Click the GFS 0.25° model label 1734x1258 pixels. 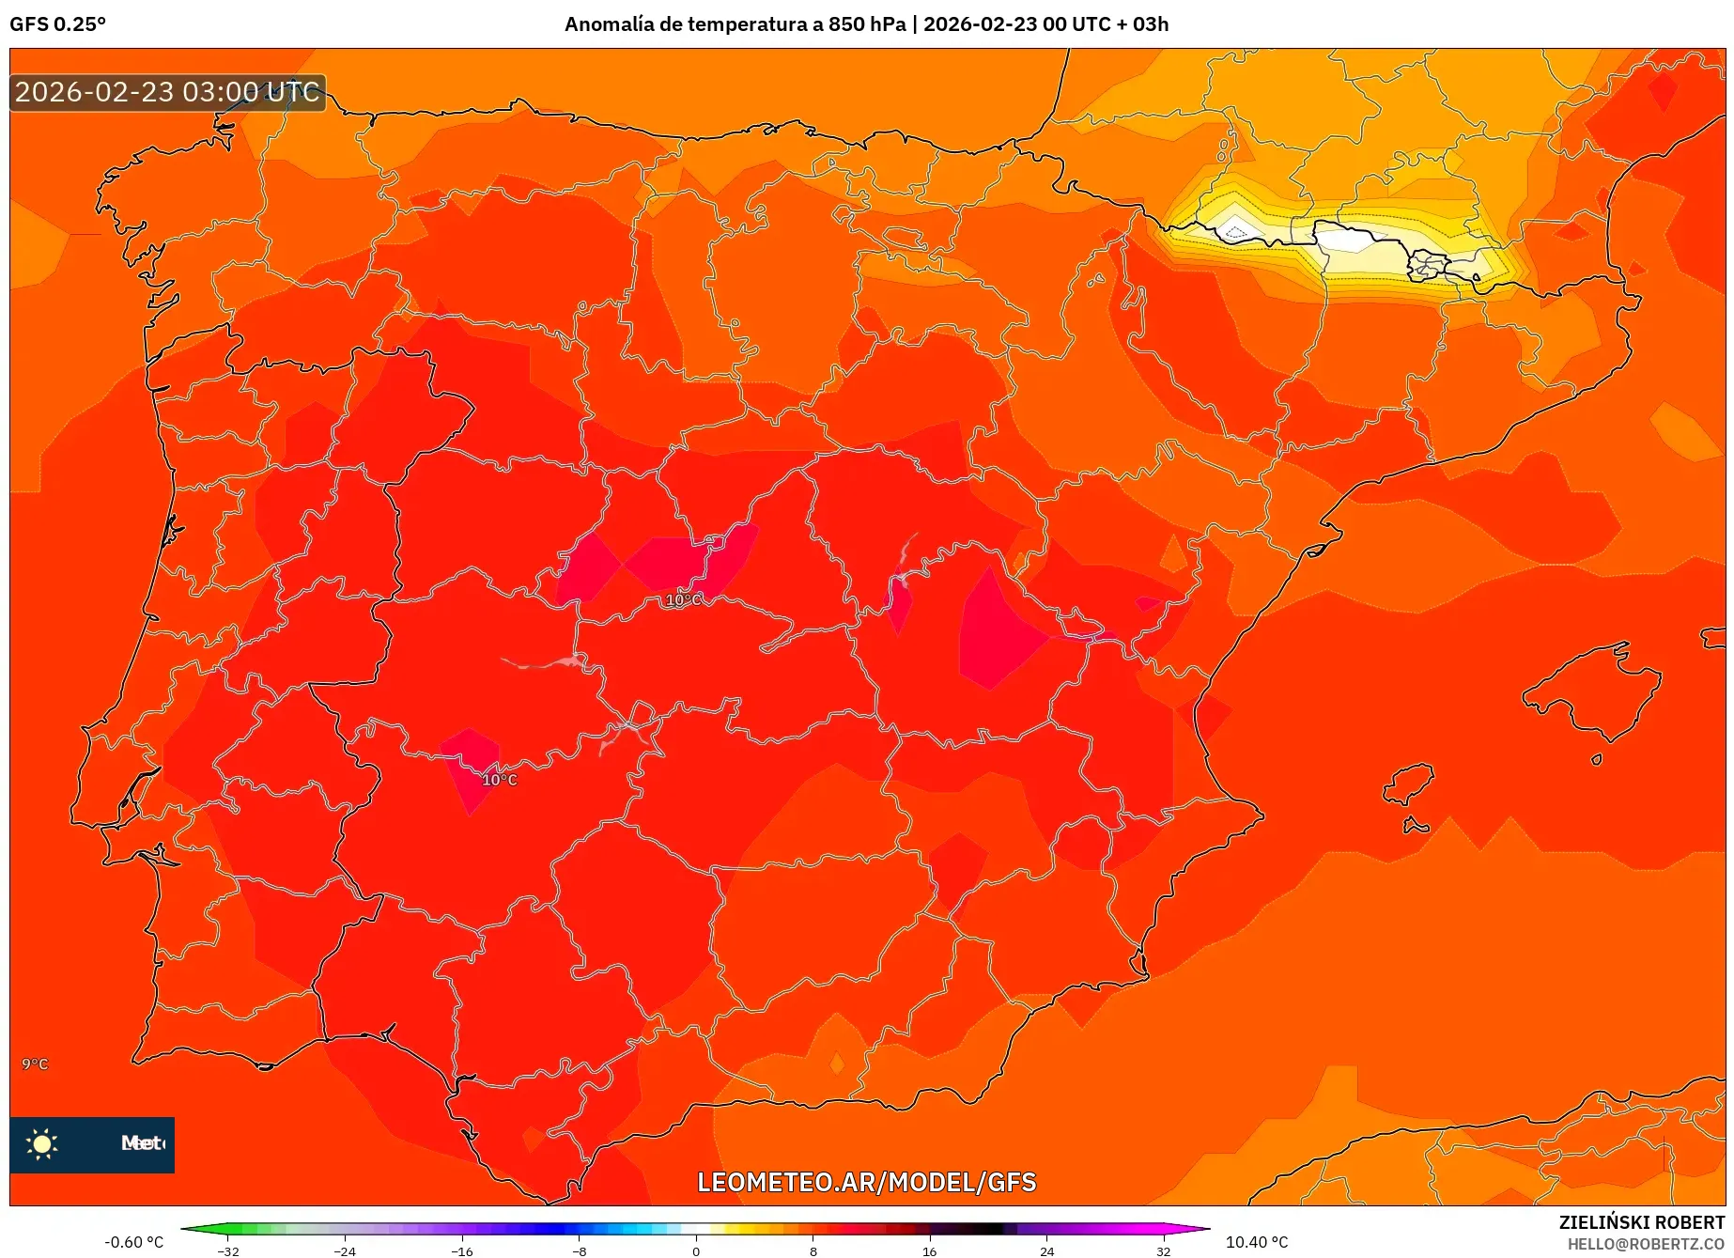57,24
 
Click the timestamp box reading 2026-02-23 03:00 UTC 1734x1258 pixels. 167,92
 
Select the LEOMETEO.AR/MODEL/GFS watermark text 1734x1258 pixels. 866,1182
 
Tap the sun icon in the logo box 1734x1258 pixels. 42,1143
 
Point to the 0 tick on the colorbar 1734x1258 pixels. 696,1250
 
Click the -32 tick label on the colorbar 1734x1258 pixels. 228,1250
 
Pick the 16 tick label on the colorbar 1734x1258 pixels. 929,1250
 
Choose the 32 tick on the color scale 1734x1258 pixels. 1163,1250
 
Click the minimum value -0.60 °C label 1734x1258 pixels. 133,1242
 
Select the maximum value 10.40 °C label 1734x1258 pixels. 1257,1242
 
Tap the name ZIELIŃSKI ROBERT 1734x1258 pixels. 1642,1222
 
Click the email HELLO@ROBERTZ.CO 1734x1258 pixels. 1646,1244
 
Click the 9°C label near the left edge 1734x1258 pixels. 35,1064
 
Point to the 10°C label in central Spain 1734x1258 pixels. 683,599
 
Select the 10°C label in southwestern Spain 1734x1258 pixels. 500,780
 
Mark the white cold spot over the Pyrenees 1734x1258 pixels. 1349,240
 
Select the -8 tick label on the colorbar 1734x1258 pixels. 580,1250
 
